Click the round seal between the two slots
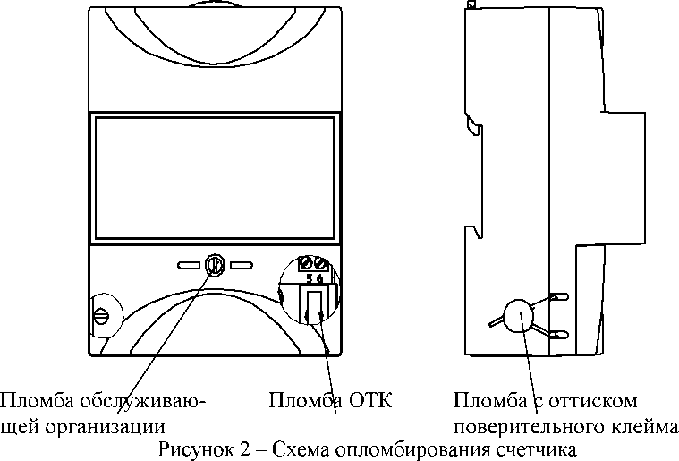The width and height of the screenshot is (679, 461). (x=215, y=265)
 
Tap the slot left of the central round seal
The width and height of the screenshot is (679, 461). (x=189, y=265)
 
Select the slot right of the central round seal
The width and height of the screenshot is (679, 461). (x=242, y=265)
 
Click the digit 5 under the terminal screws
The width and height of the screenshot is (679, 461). (x=310, y=278)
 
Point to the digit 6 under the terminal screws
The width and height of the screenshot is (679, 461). (x=319, y=278)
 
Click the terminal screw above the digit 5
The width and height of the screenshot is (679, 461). (x=307, y=263)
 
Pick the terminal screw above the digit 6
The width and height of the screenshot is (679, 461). (x=320, y=263)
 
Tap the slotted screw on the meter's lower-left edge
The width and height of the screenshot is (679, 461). (x=102, y=316)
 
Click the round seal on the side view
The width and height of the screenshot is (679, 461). (x=519, y=315)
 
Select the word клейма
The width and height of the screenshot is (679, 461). (x=645, y=427)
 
